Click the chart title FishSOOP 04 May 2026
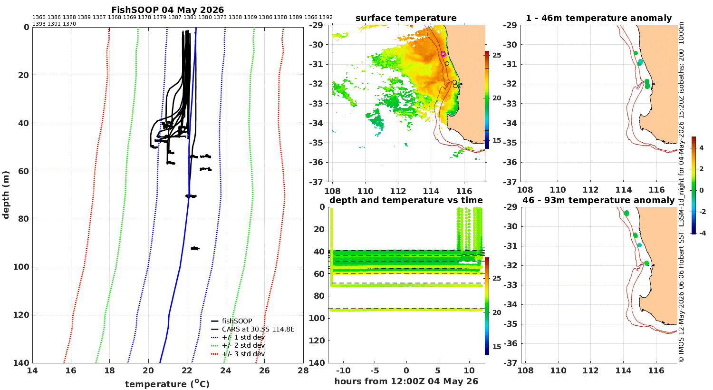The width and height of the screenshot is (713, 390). (x=167, y=10)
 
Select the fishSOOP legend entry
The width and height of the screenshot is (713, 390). (x=231, y=321)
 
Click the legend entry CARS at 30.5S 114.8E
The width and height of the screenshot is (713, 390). (x=253, y=329)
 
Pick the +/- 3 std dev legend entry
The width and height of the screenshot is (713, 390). (x=238, y=354)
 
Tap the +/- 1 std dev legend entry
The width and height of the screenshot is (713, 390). (x=238, y=338)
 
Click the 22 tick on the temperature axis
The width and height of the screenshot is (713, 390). (x=187, y=370)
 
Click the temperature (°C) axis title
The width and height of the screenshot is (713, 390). (x=167, y=384)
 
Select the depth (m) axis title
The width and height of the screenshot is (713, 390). (x=6, y=195)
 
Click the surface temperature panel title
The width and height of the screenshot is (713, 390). (x=406, y=18)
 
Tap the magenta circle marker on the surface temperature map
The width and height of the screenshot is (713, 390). (x=443, y=54)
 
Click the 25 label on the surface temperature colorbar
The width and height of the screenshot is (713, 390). (x=497, y=55)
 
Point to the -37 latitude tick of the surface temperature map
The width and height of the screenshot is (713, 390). (x=316, y=182)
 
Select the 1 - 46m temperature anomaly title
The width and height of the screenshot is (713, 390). (x=599, y=18)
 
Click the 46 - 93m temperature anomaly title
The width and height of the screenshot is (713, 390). (x=598, y=200)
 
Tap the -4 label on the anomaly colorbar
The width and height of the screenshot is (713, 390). (x=702, y=234)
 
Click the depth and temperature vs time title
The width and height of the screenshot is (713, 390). (x=406, y=200)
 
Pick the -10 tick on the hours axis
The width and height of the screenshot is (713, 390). (x=343, y=371)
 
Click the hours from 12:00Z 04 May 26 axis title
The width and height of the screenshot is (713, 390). (x=406, y=381)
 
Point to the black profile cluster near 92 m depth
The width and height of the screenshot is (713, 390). (x=195, y=248)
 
